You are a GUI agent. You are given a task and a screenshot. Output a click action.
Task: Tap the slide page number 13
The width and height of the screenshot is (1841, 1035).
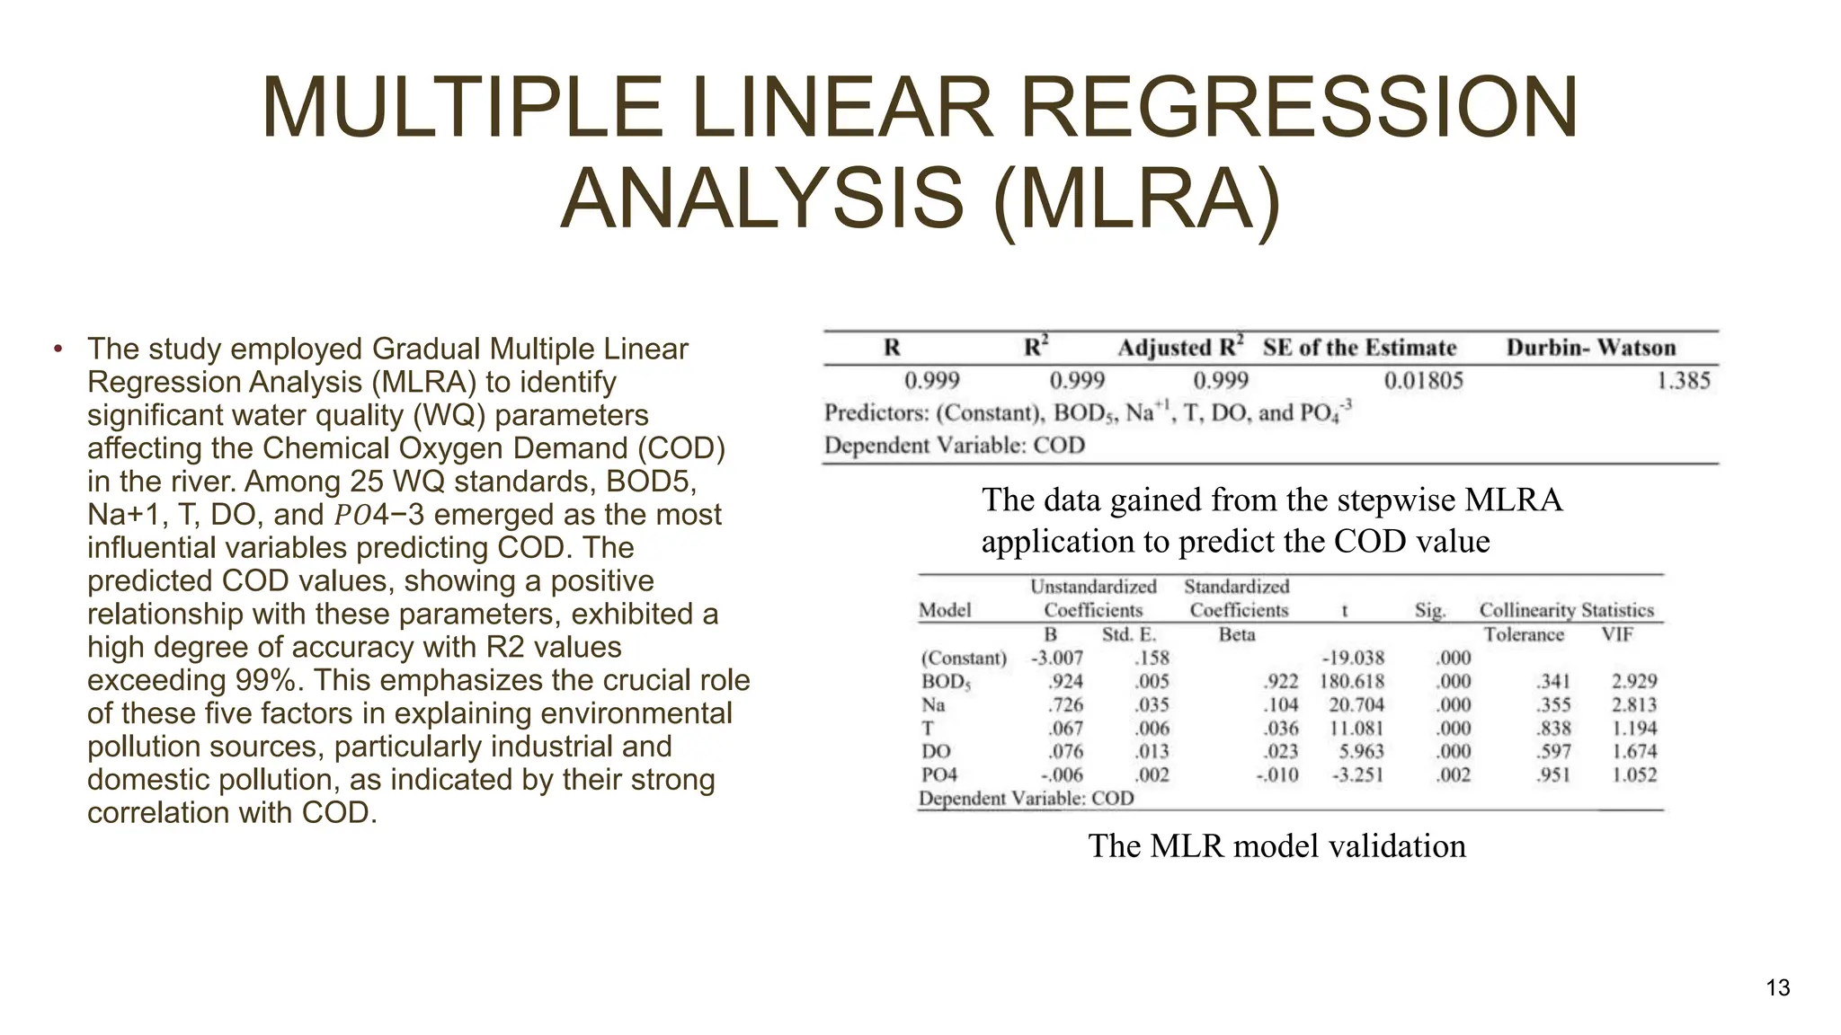(1777, 988)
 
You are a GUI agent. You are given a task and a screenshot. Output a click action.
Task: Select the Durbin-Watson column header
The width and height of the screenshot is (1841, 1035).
(1590, 348)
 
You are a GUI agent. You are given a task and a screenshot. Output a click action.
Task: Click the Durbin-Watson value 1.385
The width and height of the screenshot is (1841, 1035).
(1683, 381)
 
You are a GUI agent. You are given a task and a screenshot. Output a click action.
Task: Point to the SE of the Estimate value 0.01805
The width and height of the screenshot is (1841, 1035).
(1423, 381)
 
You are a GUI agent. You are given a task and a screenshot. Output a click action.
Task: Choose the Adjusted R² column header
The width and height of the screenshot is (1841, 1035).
(1180, 348)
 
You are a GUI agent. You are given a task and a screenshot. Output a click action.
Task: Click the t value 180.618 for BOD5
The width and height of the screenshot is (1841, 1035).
(1352, 682)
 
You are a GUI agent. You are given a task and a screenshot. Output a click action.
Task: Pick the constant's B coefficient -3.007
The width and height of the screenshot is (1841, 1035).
(1056, 659)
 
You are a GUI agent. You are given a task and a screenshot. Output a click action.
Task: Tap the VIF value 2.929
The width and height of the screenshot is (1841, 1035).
(1633, 682)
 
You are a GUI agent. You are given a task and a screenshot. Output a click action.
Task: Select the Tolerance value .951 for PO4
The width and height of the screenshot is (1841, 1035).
(1553, 775)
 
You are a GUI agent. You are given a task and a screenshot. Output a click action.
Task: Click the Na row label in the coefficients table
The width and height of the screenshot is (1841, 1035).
(933, 705)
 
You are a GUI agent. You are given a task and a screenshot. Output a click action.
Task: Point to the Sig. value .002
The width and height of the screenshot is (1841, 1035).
(1453, 775)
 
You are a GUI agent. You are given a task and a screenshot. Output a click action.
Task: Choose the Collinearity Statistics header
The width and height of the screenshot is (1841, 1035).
(1566, 611)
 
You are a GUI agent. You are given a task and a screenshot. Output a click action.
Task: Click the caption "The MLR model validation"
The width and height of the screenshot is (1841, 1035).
(1276, 846)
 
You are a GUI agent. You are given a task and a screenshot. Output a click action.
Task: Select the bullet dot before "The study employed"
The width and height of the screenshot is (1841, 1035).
(57, 349)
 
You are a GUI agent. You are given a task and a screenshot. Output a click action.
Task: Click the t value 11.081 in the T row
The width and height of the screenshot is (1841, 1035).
(1356, 729)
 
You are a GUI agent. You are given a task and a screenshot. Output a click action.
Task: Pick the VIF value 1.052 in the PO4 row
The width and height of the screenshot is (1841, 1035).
(1633, 775)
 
